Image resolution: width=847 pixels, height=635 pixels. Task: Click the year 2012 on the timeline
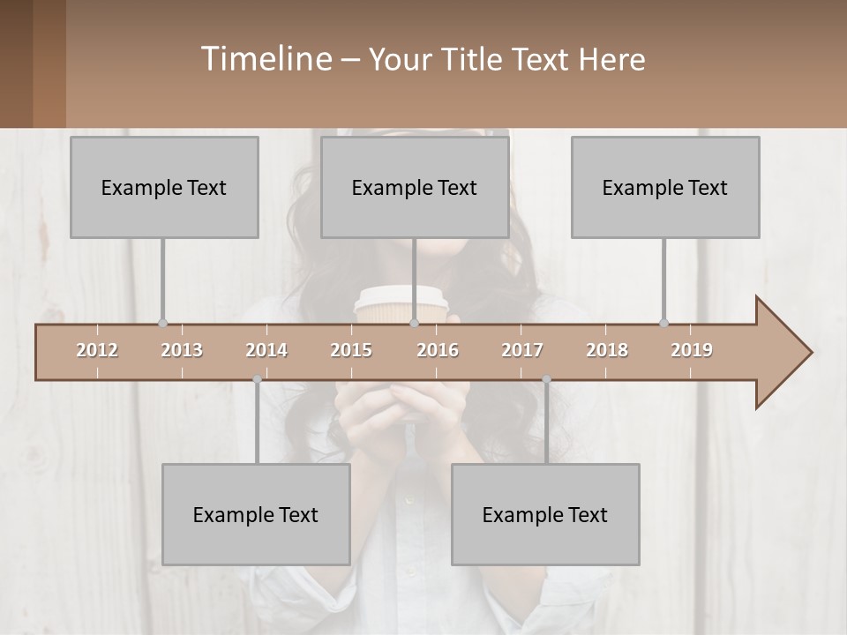click(97, 350)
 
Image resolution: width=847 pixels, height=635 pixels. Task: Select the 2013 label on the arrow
click(182, 350)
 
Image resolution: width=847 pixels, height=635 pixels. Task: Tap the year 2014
click(266, 350)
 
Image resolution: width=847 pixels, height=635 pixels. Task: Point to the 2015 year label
click(351, 350)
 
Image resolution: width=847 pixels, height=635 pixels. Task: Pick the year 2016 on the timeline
click(438, 350)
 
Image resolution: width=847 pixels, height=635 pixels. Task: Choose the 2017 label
click(522, 350)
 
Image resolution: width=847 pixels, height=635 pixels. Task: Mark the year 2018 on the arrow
click(607, 350)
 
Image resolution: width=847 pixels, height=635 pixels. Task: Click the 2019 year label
click(692, 350)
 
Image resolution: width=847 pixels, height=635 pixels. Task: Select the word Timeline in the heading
click(266, 59)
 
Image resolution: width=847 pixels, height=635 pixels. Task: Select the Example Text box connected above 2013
click(164, 187)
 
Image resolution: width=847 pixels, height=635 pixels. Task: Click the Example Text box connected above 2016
click(415, 187)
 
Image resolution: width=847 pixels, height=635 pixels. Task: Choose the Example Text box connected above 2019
click(665, 187)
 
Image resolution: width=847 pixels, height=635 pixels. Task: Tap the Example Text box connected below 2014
click(256, 514)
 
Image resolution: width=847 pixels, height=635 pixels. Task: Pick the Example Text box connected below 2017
click(545, 514)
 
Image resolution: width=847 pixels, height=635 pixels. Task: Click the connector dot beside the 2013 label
click(162, 324)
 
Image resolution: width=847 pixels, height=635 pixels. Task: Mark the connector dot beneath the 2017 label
click(546, 379)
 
